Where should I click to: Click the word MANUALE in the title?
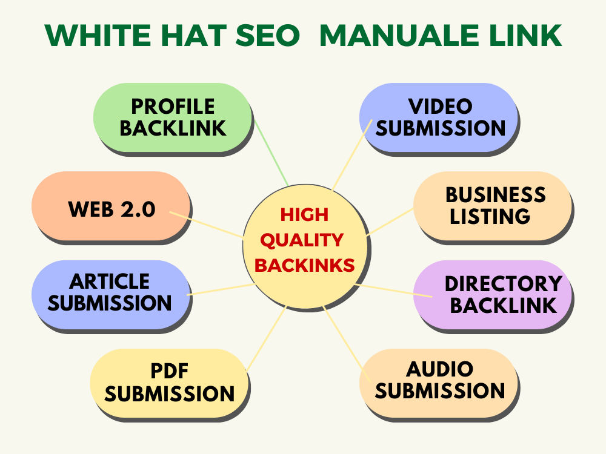400,36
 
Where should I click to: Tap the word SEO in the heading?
267,36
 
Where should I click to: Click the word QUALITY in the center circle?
302,240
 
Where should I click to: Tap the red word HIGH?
304,215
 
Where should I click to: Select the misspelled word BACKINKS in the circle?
305,266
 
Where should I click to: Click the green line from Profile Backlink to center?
271,153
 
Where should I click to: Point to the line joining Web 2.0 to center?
207,225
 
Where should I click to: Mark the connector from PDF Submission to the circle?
267,338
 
